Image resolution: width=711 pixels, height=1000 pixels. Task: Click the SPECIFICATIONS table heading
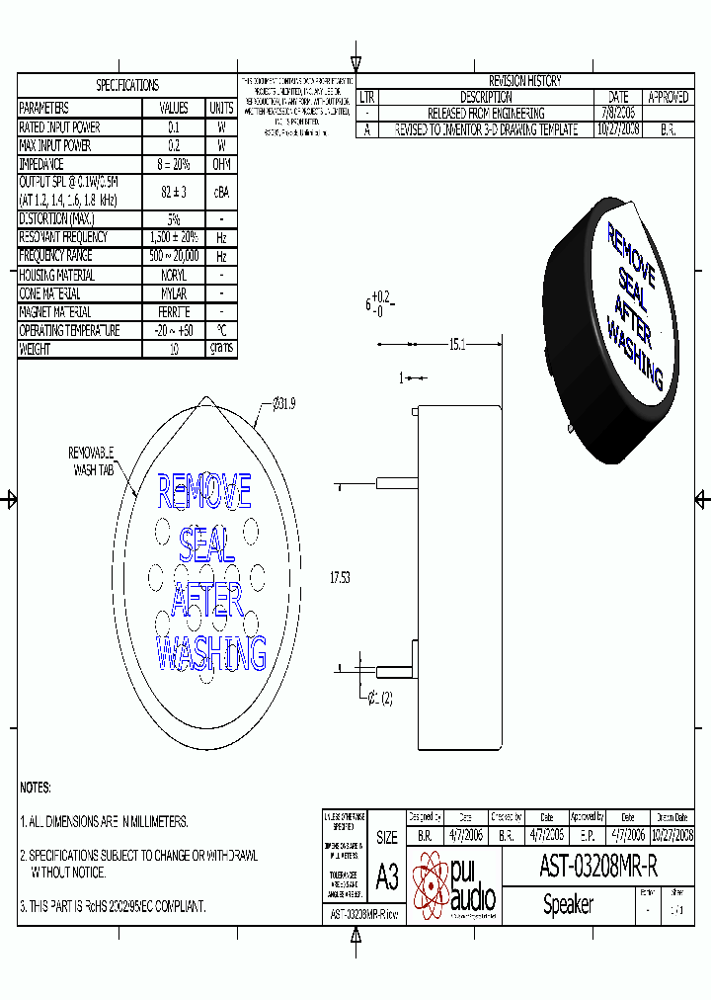coord(126,86)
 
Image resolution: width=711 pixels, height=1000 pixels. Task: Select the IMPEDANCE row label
coord(41,164)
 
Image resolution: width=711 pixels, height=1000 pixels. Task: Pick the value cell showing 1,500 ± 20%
coord(173,237)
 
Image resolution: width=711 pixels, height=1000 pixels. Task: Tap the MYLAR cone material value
coord(173,293)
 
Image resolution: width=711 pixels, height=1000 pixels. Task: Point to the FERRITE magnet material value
coord(173,312)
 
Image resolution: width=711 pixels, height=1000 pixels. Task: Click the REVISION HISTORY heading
coord(524,81)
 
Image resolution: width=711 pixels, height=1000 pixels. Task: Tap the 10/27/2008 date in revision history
coord(618,129)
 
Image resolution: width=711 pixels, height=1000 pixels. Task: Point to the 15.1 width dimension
coord(457,345)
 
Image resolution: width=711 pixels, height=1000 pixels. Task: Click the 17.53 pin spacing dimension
coord(339,578)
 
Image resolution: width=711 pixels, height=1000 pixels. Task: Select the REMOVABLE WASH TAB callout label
coord(91,461)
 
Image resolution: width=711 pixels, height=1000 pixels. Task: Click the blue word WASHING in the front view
coord(211,654)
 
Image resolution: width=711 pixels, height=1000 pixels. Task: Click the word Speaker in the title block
coord(568,904)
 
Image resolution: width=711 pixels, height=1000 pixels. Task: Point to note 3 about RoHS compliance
coord(113,906)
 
